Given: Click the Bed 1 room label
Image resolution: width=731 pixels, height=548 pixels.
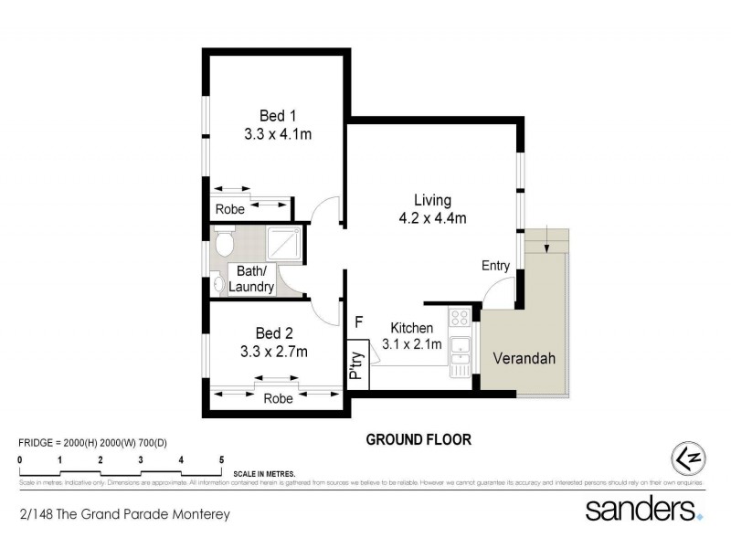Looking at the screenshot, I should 278,116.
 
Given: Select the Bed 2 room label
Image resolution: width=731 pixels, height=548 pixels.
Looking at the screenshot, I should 274,332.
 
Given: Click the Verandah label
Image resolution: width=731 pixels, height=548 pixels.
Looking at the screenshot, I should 524,358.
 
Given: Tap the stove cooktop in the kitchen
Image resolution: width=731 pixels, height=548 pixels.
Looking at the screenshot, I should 460,319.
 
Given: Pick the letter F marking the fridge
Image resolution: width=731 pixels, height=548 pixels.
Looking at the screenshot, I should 359,321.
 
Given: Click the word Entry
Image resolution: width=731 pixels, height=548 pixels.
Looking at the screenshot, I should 496,266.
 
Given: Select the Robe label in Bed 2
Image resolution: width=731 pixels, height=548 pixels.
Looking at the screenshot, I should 278,399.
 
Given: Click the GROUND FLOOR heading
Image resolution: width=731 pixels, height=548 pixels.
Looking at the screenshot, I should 418,439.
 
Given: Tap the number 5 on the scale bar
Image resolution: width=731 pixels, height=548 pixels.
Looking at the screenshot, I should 221,459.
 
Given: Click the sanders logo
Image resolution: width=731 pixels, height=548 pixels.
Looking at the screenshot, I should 643,509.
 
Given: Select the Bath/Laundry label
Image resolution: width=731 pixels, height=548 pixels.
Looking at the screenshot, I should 251,279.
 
